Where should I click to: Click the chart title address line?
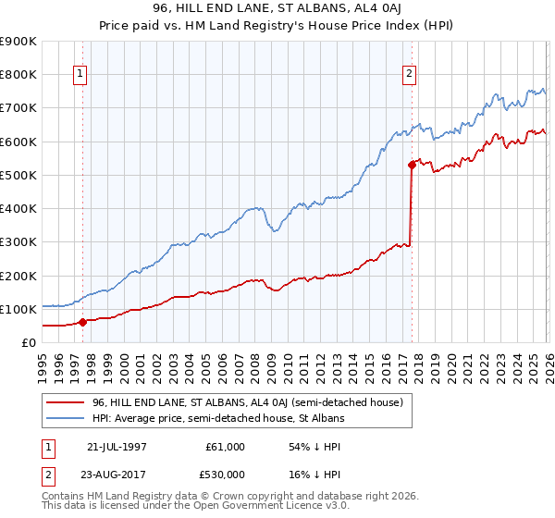click(x=277, y=8)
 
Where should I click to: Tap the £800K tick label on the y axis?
click(x=18, y=75)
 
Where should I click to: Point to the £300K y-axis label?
click(x=18, y=242)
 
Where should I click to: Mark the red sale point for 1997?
click(x=83, y=322)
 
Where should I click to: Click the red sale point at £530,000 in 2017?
click(x=412, y=166)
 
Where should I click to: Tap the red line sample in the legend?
click(x=66, y=402)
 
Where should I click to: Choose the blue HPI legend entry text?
click(x=218, y=418)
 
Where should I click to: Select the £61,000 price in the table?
click(x=225, y=447)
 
